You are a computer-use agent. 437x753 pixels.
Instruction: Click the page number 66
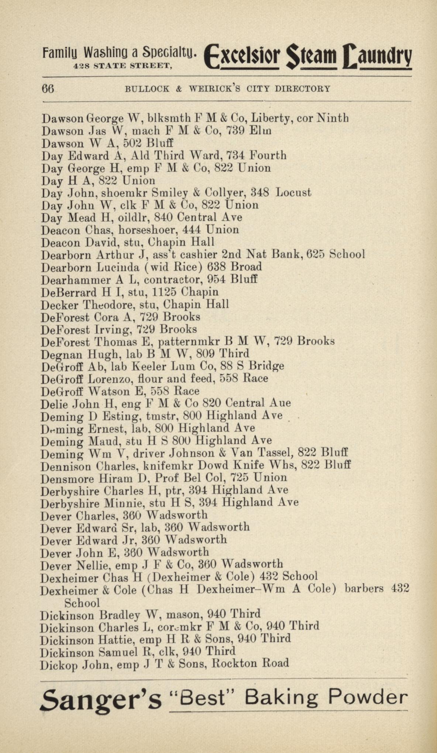pos(48,89)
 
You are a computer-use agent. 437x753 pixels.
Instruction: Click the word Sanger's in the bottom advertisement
pos(100,698)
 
